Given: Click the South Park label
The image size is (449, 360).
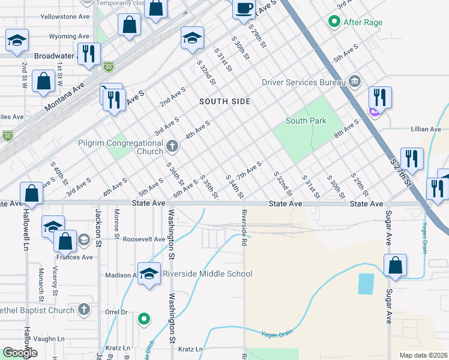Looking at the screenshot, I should click(x=306, y=121).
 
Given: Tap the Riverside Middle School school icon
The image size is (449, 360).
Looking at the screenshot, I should click(x=149, y=274).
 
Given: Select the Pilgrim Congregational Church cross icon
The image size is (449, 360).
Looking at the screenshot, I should click(x=172, y=145).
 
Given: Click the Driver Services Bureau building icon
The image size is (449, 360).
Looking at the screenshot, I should click(x=354, y=81).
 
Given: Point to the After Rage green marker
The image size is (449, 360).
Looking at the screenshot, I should click(x=334, y=23).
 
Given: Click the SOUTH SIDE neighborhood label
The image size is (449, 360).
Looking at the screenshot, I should click(x=225, y=101).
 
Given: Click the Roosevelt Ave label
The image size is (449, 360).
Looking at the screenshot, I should click(x=143, y=239).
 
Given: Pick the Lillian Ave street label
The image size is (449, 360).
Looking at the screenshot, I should click(x=426, y=129).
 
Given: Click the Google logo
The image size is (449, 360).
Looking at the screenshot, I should click(x=20, y=352).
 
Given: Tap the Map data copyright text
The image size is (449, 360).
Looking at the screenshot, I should click(x=423, y=355).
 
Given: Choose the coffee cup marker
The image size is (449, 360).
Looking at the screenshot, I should click(x=244, y=9).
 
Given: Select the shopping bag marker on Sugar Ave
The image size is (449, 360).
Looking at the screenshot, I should click(x=396, y=265).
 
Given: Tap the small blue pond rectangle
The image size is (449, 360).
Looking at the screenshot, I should click(x=366, y=283).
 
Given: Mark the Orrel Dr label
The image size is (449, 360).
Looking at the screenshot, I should click(x=116, y=312).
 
